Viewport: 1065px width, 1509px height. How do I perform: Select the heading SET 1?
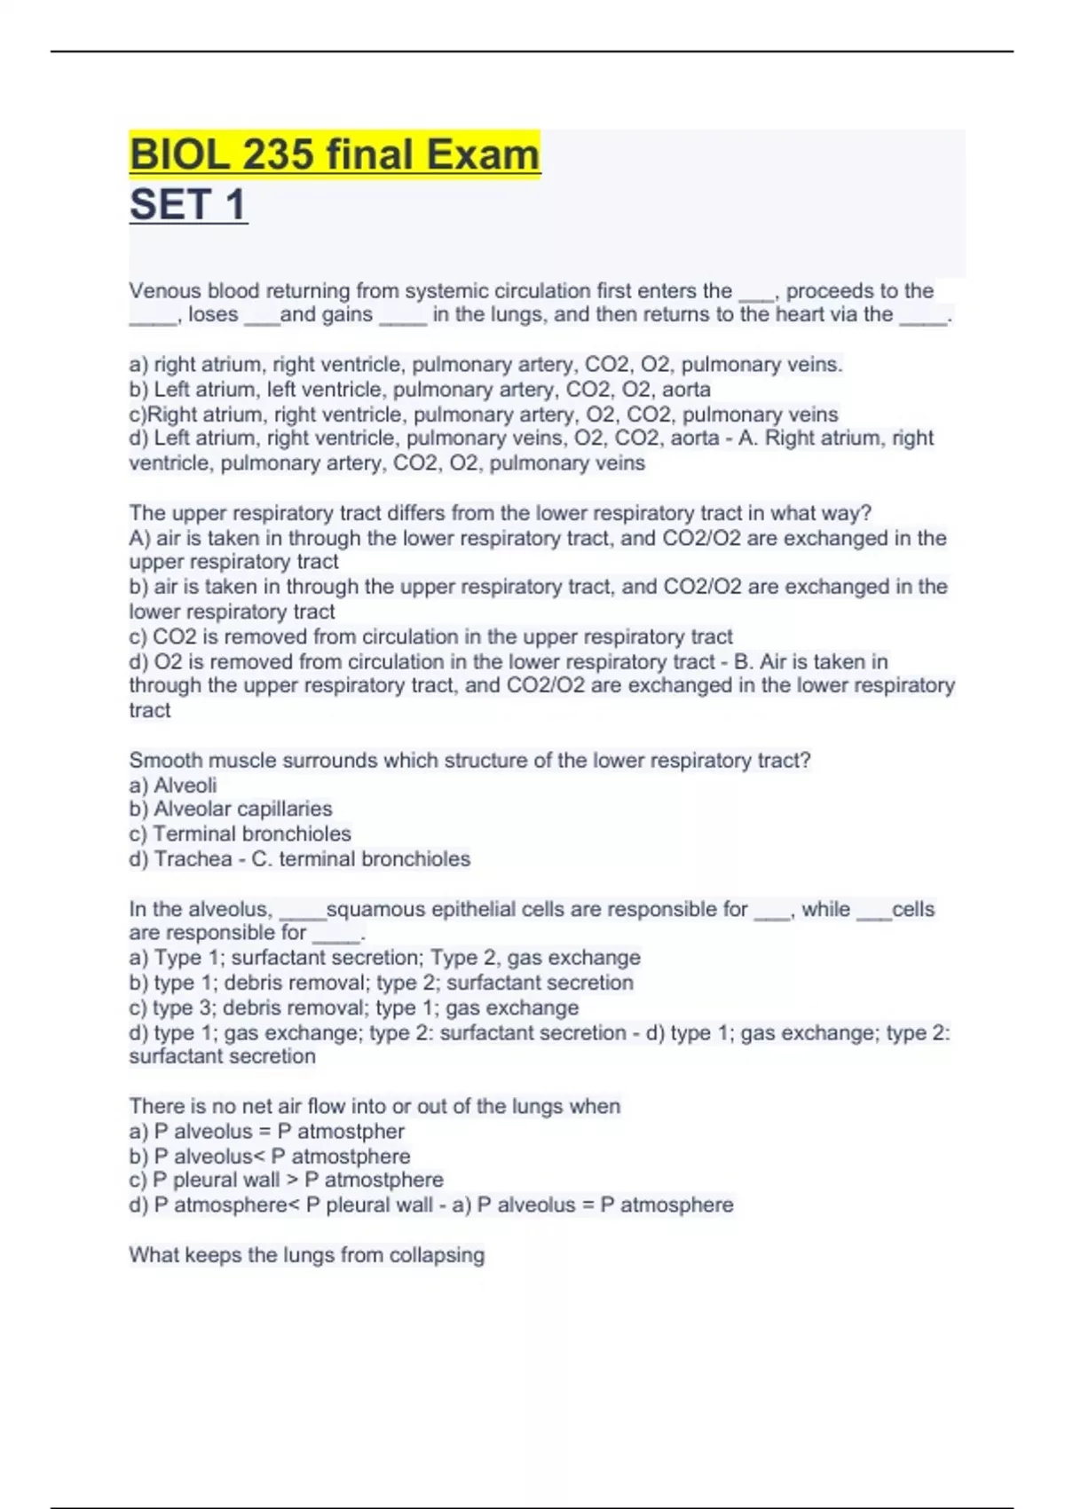[188, 205]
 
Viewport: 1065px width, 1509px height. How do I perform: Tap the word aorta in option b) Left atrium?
[686, 390]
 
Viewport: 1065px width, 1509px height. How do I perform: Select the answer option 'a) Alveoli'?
[173, 786]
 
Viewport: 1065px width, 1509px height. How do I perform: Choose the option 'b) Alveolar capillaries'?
[231, 810]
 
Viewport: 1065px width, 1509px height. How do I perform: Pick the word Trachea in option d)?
[193, 859]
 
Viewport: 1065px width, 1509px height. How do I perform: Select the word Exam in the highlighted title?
[483, 155]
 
